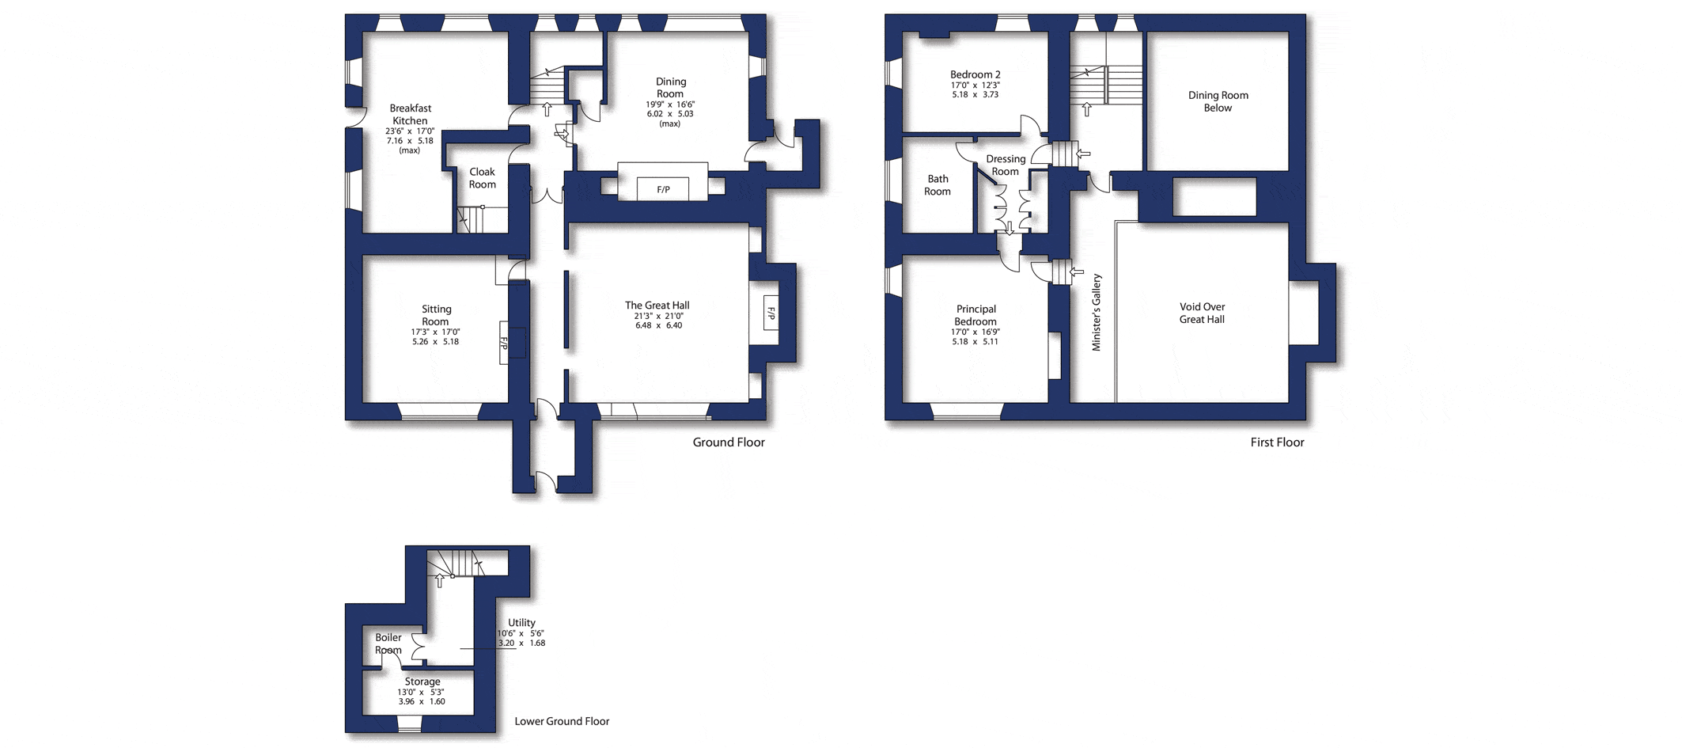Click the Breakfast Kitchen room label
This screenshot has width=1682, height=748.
tap(411, 115)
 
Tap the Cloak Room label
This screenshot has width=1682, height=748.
tap(483, 178)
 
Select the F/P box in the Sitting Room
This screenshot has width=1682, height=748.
tap(504, 343)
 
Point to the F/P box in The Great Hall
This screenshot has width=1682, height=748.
tap(771, 313)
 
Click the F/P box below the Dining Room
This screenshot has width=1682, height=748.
tap(663, 189)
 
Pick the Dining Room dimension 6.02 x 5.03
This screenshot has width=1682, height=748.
tap(670, 114)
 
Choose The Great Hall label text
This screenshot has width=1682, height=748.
tap(657, 306)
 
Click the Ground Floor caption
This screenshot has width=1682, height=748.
tap(729, 442)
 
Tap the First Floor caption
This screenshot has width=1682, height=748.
tap(1277, 442)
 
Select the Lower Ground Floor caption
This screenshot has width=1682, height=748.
tap(562, 721)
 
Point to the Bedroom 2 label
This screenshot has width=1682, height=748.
tap(975, 74)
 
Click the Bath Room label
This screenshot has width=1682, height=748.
tap(938, 185)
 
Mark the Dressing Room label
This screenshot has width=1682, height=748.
tap(1006, 165)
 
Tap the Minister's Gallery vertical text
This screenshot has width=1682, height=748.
tap(1097, 313)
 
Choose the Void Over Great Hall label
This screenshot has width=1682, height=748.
tap(1203, 313)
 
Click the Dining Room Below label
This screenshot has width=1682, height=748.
tap(1218, 101)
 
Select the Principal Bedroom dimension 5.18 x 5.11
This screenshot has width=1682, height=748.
tap(975, 342)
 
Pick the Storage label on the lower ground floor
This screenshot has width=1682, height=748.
tap(422, 682)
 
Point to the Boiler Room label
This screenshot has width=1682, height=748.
tap(388, 644)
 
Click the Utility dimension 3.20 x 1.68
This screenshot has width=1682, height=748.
tap(521, 644)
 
